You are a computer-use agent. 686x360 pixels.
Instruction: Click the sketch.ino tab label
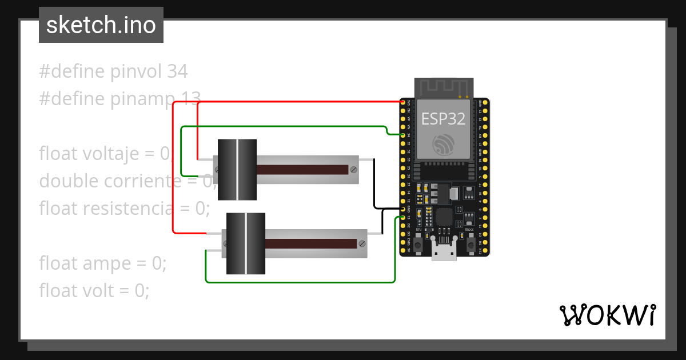point(101,25)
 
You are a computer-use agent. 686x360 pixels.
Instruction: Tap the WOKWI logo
point(607,315)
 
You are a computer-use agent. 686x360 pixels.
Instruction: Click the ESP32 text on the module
point(443,118)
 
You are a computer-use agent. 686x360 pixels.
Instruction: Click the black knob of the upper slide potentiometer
point(237,170)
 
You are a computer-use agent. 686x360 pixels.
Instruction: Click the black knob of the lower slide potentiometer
point(246,243)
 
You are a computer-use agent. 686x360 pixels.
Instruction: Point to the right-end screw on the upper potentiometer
point(354,169)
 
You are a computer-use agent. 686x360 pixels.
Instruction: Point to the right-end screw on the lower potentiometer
point(362,243)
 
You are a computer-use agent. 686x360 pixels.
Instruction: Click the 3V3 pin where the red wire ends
point(403,102)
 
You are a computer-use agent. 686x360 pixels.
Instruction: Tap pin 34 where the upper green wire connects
point(403,135)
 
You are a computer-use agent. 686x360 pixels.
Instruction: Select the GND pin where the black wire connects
point(403,209)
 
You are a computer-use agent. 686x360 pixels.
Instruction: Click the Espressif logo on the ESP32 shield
point(443,144)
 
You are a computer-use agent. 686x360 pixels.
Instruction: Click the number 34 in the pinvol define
point(177,71)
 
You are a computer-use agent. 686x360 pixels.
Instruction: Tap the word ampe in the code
point(110,263)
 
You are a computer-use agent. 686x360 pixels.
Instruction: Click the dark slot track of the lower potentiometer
point(312,243)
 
